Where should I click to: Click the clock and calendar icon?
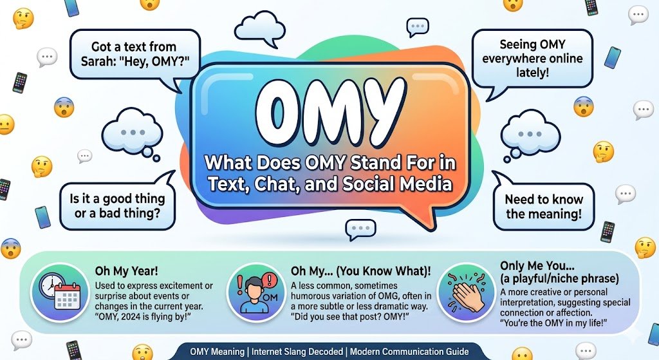[60, 292]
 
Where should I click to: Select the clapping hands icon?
[466, 292]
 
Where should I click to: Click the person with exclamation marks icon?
[256, 292]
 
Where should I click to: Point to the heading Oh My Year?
[126, 271]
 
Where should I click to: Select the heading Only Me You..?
[537, 266]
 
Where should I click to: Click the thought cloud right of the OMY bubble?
[530, 134]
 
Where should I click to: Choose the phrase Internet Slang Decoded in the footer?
[297, 352]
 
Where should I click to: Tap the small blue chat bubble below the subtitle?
[360, 229]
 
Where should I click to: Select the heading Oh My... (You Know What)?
[360, 271]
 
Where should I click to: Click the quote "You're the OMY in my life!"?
[553, 323]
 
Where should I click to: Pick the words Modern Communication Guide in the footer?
[409, 352]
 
